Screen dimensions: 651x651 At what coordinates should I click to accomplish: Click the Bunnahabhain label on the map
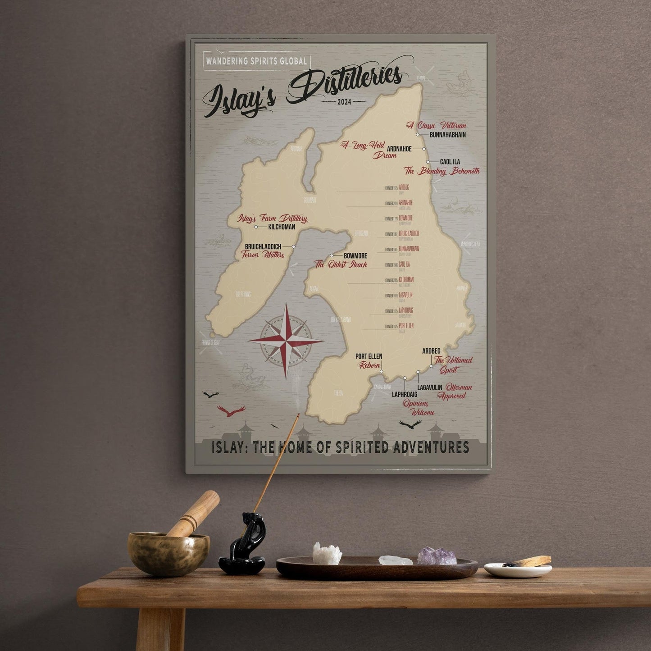[x=447, y=135]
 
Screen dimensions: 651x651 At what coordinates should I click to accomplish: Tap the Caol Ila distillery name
[x=450, y=162]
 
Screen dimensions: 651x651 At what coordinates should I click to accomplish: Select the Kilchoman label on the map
[x=282, y=227]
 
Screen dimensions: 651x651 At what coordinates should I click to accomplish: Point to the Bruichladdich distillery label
[x=263, y=246]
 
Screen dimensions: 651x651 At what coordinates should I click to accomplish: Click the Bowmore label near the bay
[x=355, y=256]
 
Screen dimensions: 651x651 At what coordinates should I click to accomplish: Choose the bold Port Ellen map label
[x=369, y=356]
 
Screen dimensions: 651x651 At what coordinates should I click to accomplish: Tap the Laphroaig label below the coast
[x=404, y=394]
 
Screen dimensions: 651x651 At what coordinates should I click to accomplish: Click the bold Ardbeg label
[x=431, y=351]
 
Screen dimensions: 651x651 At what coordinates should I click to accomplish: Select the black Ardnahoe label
[x=399, y=149]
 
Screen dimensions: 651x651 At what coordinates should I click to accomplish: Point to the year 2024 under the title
[x=344, y=102]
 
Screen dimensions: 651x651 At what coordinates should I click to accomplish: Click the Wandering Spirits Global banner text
[x=256, y=61]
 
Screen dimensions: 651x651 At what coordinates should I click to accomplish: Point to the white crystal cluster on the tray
[x=327, y=555]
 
